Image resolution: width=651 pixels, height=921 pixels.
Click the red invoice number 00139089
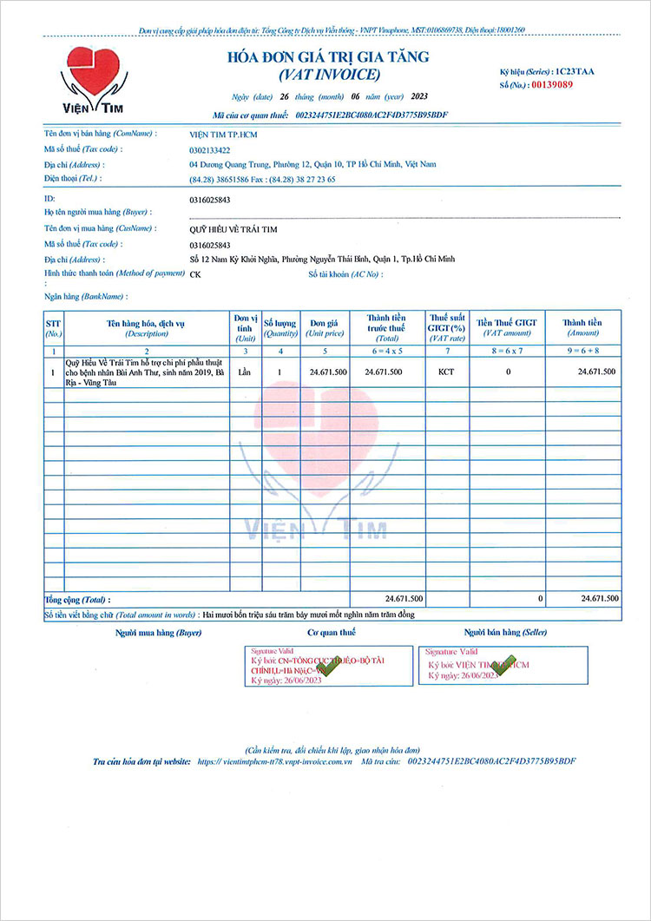coord(552,84)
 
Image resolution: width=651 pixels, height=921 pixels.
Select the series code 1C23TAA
coord(575,69)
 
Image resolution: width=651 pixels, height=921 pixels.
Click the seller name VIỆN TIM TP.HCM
coord(223,135)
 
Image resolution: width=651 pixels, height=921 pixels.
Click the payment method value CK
coord(194,273)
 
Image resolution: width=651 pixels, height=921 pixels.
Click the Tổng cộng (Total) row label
coord(78,599)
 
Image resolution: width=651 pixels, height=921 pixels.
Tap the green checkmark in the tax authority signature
coord(330,667)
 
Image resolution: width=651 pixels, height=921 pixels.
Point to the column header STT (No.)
coord(54,327)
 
